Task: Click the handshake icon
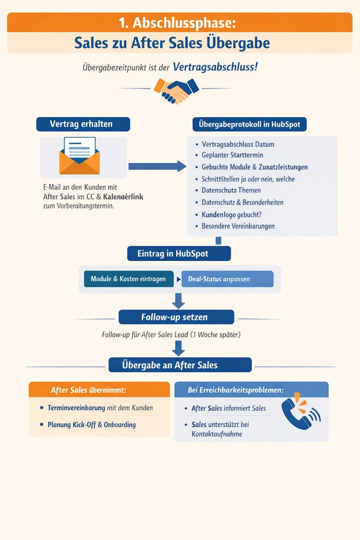coord(176,90)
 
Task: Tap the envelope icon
coord(79,156)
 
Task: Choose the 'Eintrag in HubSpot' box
coord(179,254)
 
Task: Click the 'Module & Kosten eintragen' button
coord(128,279)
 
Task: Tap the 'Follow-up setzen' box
coord(176,317)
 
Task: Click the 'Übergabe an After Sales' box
coord(179,365)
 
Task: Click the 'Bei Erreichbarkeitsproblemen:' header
coord(236,390)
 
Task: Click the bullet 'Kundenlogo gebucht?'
coord(232,214)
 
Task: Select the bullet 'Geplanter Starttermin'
coord(233,156)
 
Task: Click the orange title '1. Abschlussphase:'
coord(177,23)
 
